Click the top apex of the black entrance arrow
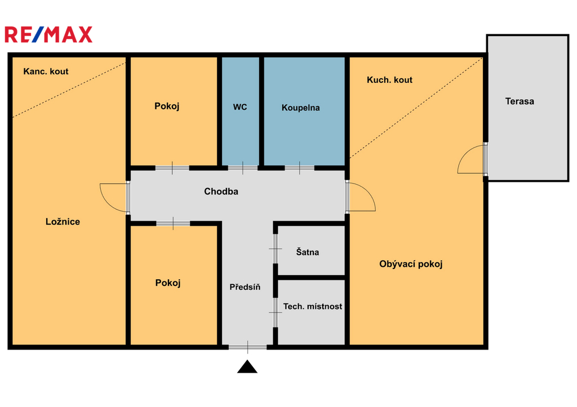[x=247, y=360]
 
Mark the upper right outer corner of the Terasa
[x=569, y=35]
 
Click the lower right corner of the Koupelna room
[x=345, y=166]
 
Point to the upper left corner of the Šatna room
[x=278, y=226]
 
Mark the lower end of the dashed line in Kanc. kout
[x=14, y=117]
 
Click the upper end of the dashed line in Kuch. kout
[x=482, y=58]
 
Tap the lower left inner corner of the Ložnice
[x=13, y=345]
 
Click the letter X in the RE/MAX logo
[x=85, y=34]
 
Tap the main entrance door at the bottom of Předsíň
[x=248, y=347]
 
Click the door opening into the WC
[x=242, y=168]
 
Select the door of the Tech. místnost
[x=275, y=312]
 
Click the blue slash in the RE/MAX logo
[x=38, y=34]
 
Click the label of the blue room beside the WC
[x=301, y=108]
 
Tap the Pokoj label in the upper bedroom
[x=167, y=106]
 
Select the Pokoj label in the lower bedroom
[x=168, y=283]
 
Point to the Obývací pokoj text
[x=411, y=264]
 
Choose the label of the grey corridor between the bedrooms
[x=221, y=191]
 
